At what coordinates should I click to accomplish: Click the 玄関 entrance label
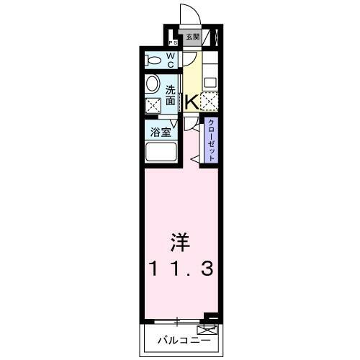(192, 37)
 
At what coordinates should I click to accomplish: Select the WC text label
(172, 59)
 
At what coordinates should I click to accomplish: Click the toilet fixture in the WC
(153, 59)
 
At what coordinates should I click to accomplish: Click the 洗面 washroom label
(171, 96)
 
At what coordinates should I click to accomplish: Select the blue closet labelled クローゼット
(212, 142)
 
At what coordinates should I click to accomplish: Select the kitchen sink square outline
(210, 81)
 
